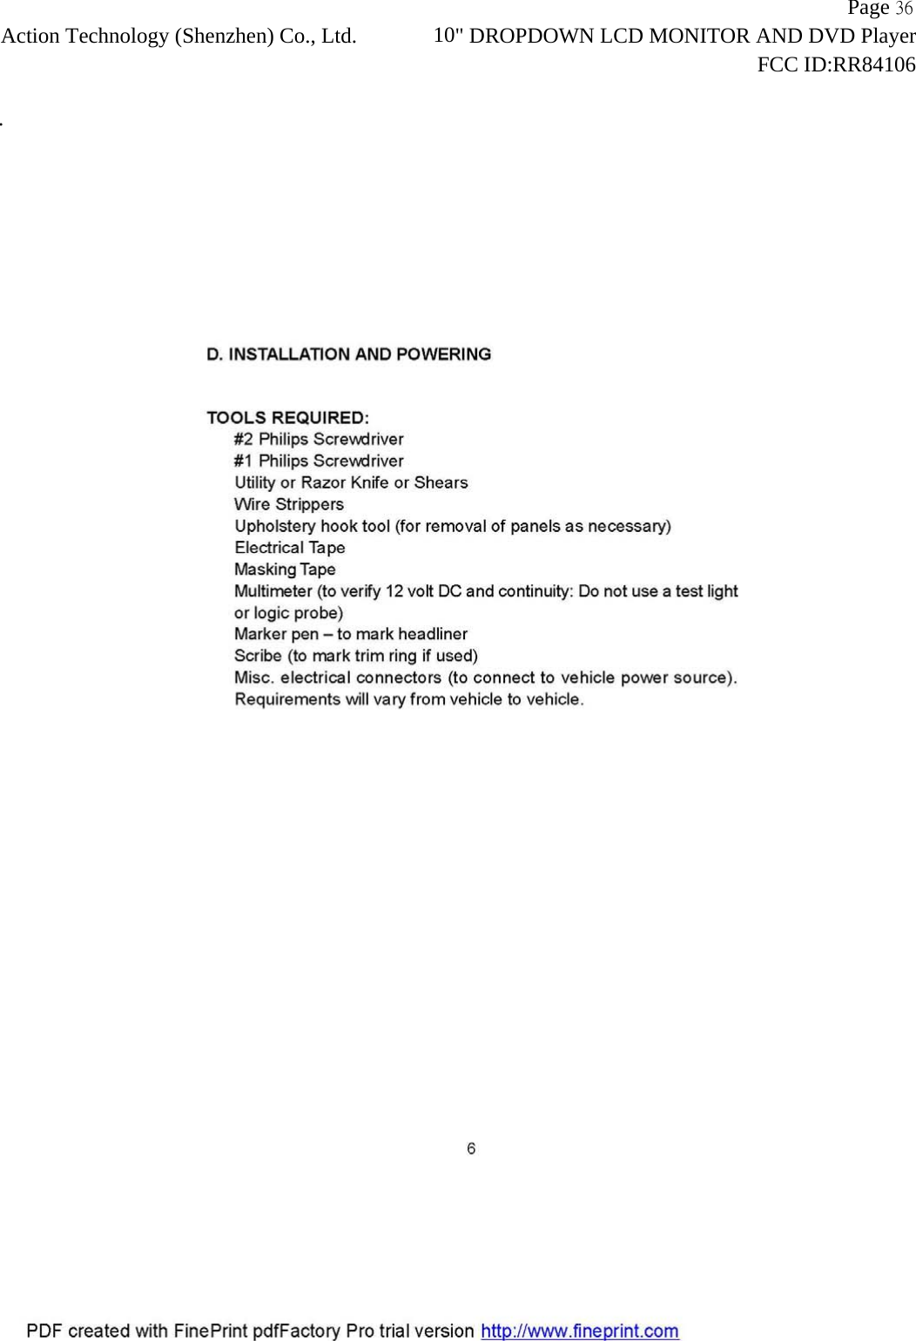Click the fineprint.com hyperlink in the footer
tap(580, 1331)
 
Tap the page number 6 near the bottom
tap(471, 1149)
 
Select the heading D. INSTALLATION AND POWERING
tap(348, 354)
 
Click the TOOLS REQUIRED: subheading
tap(287, 418)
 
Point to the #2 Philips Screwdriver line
tap(319, 439)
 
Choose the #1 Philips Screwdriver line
tap(319, 461)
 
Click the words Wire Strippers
tap(289, 504)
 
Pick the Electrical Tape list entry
tap(290, 548)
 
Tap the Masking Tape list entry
tap(285, 569)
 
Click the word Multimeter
tap(273, 591)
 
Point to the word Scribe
tap(258, 656)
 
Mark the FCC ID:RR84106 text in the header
tap(836, 64)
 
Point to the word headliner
tap(433, 634)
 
